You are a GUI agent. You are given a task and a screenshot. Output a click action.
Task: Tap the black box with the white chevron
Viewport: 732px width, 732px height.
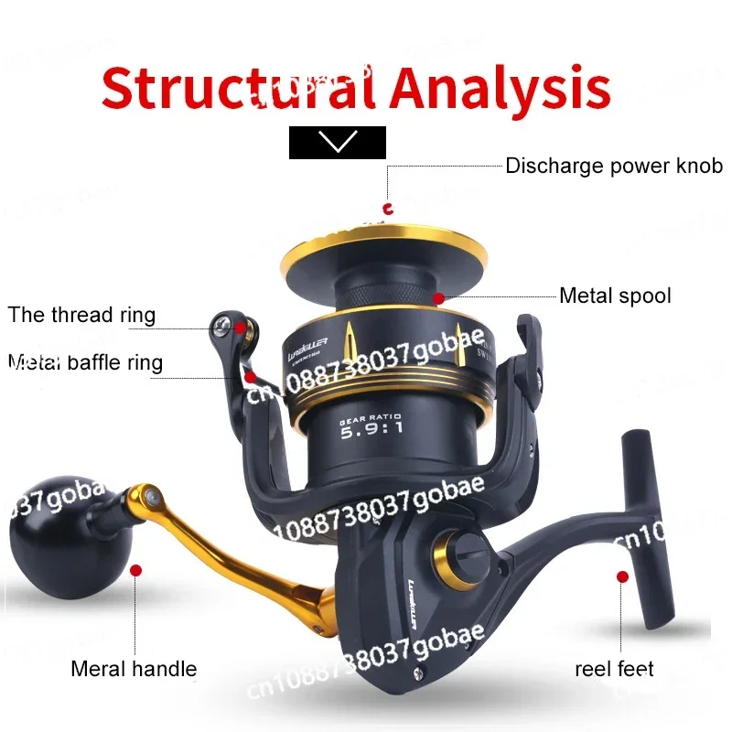coord(338,143)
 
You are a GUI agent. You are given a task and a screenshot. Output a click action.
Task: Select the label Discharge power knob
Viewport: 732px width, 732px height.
coord(613,167)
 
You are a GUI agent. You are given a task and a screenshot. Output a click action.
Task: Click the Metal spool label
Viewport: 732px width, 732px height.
coord(615,296)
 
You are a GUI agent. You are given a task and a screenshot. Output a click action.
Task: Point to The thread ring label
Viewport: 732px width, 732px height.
coord(82,316)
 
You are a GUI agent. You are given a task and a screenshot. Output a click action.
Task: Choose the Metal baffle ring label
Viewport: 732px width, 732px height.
coord(85,363)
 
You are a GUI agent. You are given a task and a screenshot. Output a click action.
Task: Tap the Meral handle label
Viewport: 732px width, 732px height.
coord(134,669)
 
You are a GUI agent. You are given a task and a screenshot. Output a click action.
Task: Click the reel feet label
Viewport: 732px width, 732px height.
coord(614,669)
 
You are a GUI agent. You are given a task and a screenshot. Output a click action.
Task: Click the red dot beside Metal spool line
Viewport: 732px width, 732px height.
coord(439,297)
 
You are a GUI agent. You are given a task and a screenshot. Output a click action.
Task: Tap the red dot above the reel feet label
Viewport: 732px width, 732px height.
coord(622,576)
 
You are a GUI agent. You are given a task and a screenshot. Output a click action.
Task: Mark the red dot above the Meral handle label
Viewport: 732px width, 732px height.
coord(135,570)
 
